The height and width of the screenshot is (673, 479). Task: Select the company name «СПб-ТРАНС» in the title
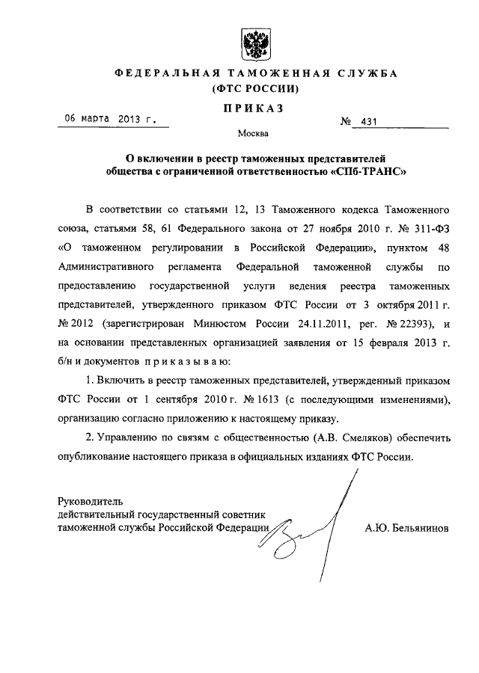point(370,170)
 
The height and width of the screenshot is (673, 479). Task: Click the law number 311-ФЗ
point(429,225)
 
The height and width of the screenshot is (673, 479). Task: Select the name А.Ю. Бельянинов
point(407,527)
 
